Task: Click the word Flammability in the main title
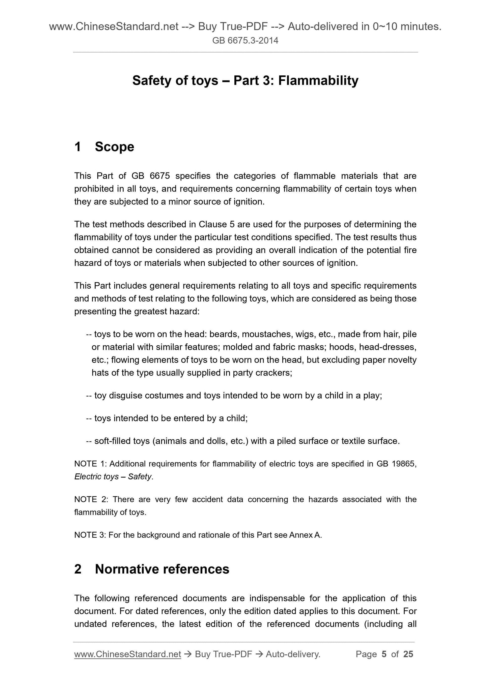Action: [318, 81]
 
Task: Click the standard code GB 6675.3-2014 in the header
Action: [245, 41]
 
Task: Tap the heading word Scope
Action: [114, 147]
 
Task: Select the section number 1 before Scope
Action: [78, 147]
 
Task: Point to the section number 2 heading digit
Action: [78, 569]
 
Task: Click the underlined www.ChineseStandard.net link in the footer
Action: [127, 654]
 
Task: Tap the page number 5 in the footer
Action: [384, 654]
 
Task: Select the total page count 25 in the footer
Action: [408, 654]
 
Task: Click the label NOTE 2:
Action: [91, 499]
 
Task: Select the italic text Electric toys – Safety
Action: [113, 477]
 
